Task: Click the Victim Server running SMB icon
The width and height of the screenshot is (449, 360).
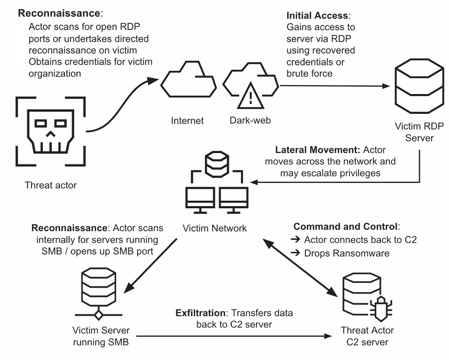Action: pos(98,295)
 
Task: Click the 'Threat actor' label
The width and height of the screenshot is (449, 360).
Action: pos(51,185)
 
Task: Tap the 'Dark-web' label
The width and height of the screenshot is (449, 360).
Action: pos(250,121)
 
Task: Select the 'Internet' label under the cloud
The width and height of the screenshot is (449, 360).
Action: pos(187,121)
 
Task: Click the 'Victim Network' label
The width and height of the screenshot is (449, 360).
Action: pos(215,228)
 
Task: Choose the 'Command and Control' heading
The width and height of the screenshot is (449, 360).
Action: pos(346,226)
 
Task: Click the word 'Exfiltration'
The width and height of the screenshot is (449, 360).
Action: pos(201,313)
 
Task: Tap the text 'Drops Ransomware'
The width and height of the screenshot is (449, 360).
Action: pos(347,253)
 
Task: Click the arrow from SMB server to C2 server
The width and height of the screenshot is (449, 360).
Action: pos(232,336)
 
